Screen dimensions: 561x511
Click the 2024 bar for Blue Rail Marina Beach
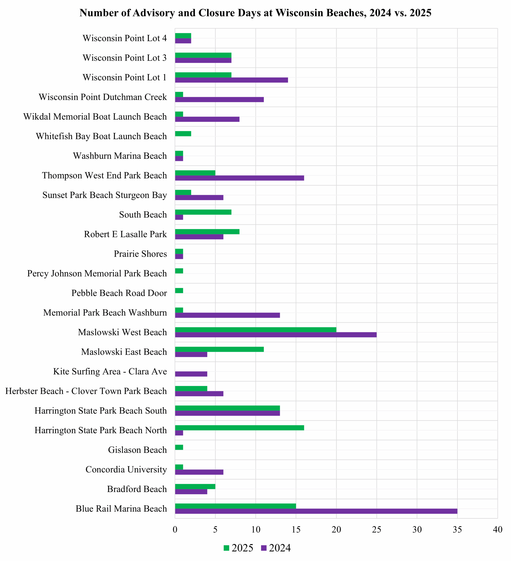tap(316, 511)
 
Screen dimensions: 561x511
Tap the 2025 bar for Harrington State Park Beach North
tap(239, 428)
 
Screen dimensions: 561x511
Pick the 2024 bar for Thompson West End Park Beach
tap(239, 178)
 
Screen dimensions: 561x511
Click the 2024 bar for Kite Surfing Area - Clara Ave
tap(191, 374)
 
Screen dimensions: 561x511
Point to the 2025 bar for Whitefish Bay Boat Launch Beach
tap(183, 134)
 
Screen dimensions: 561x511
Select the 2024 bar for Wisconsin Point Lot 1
tap(231, 80)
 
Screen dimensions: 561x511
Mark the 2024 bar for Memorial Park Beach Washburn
tap(227, 315)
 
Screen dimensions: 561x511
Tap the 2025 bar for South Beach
tap(203, 212)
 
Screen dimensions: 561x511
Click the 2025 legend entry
tap(238, 548)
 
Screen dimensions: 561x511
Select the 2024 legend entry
tap(276, 548)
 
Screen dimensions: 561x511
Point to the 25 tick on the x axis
tap(377, 529)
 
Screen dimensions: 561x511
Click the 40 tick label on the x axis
tap(497, 529)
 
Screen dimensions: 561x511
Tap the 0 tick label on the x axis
tap(175, 529)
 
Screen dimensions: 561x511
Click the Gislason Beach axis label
tap(137, 450)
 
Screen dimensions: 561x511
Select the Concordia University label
tap(126, 469)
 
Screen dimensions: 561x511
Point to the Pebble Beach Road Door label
tap(119, 293)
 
